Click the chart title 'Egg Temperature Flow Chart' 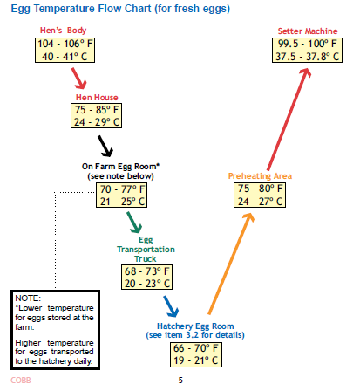[x=81, y=9]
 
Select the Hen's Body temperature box [x=65, y=50]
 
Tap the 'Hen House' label [x=97, y=97]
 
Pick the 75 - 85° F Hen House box [x=96, y=116]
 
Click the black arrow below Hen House [x=105, y=146]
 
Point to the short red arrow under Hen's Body [x=78, y=79]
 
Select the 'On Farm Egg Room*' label [x=120, y=167]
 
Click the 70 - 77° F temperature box [x=121, y=195]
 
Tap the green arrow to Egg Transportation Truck [x=134, y=223]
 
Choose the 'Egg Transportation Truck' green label [x=146, y=250]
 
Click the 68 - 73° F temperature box [x=146, y=277]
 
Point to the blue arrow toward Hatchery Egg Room [x=171, y=306]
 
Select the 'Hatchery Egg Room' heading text [x=195, y=326]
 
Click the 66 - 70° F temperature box [x=196, y=354]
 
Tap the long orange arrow [x=231, y=264]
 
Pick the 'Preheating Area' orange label [x=260, y=176]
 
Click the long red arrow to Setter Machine [x=289, y=119]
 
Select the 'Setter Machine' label [x=308, y=31]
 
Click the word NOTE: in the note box [x=28, y=298]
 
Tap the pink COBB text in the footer [x=21, y=381]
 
